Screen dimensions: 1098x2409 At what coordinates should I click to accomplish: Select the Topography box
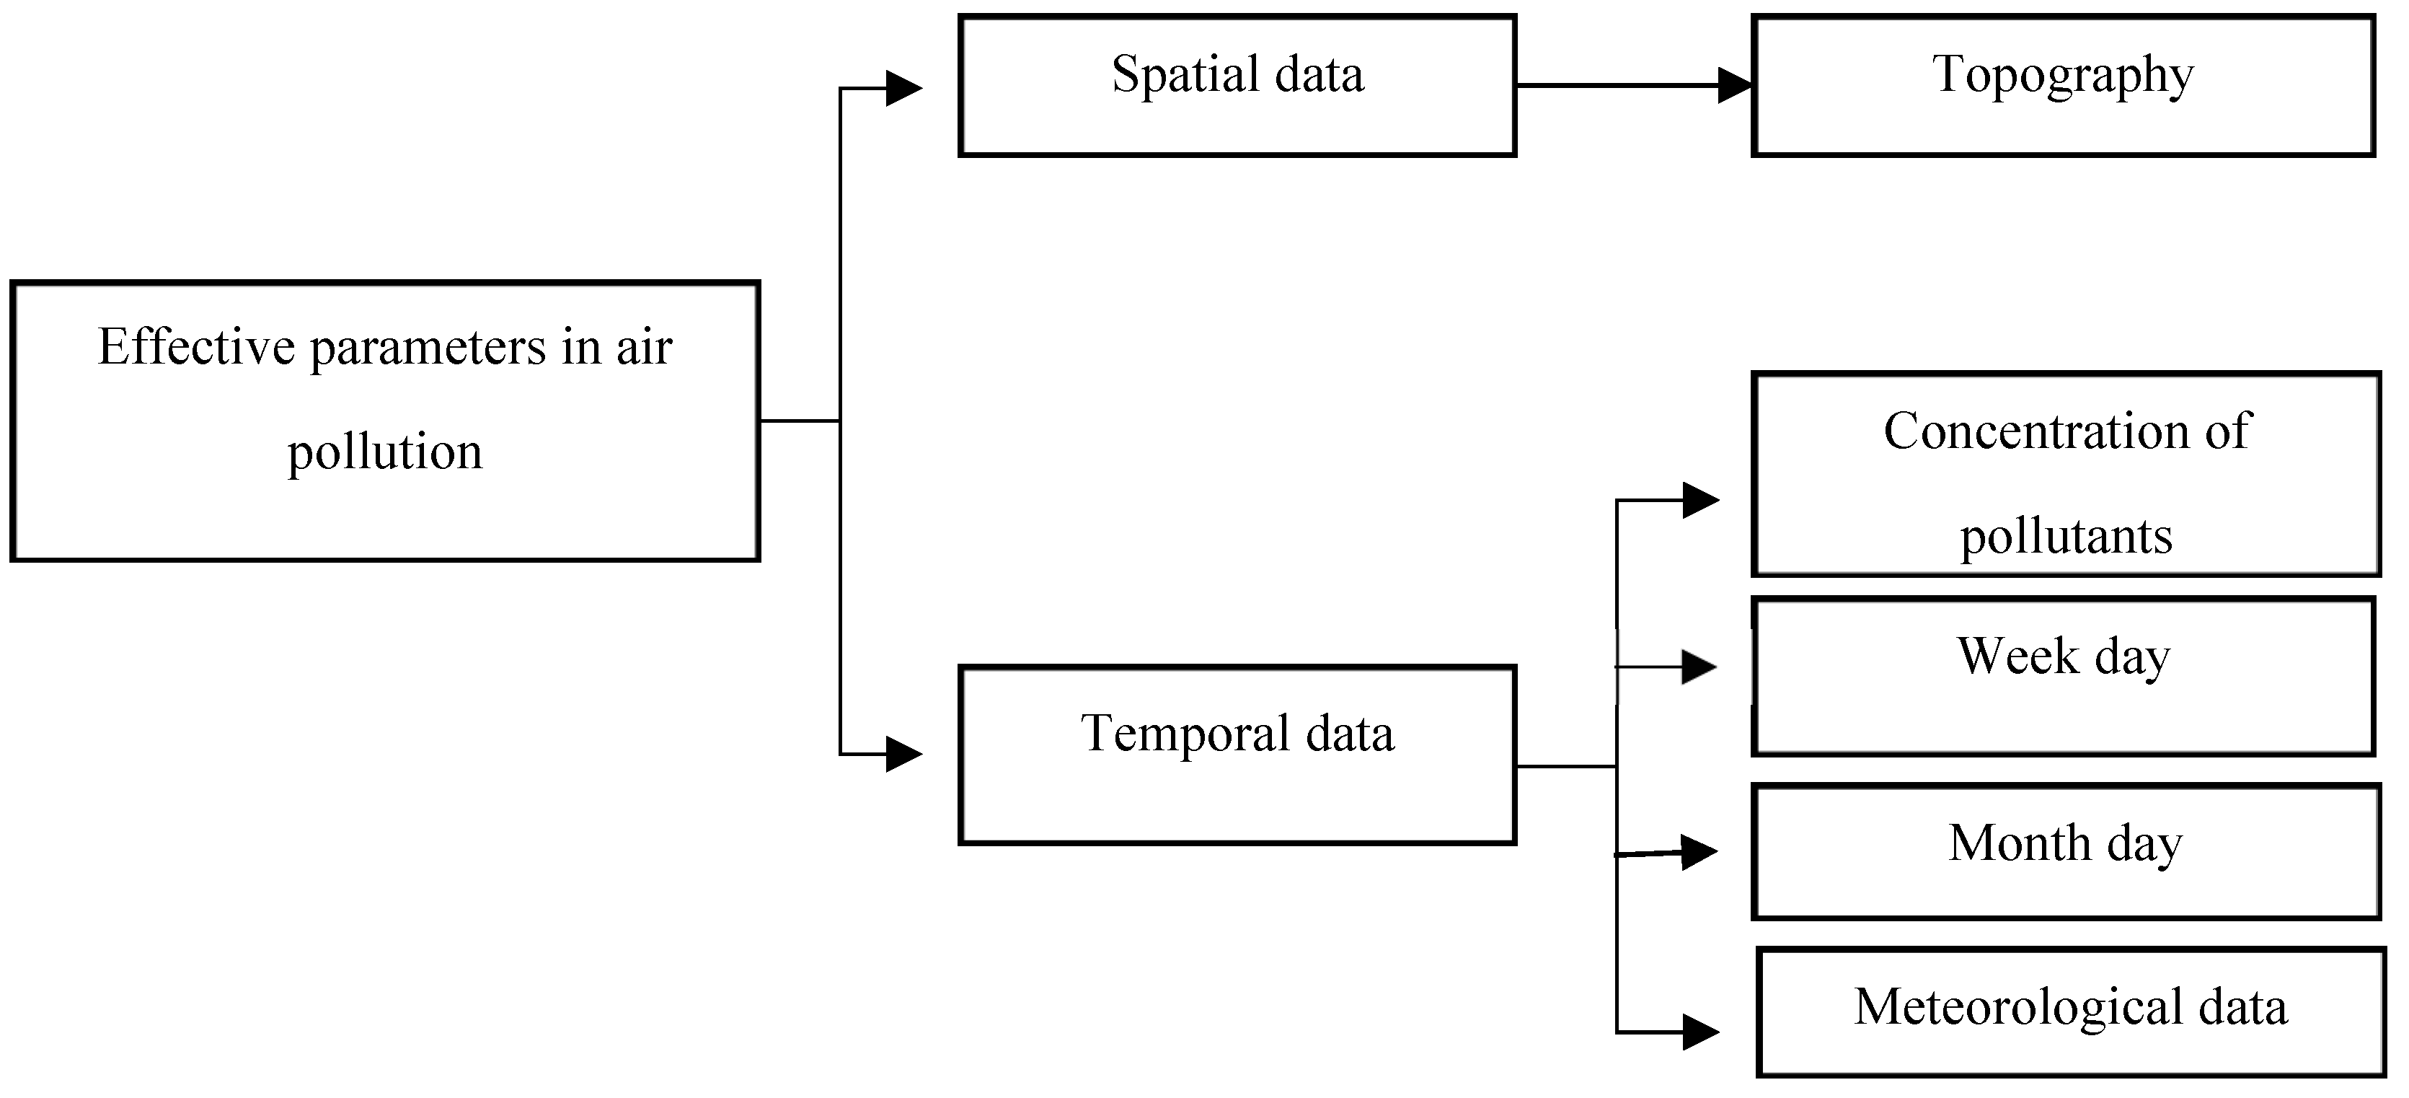pyautogui.click(x=2063, y=85)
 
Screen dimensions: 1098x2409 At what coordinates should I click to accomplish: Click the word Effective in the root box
pyautogui.click(x=196, y=348)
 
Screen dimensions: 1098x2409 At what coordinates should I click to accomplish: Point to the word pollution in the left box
pyautogui.click(x=384, y=452)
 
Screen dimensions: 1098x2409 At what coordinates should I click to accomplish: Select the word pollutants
pyautogui.click(x=2065, y=537)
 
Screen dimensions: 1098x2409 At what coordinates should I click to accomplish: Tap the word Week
pyautogui.click(x=2017, y=656)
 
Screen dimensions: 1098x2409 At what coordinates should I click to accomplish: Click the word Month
pyautogui.click(x=2019, y=843)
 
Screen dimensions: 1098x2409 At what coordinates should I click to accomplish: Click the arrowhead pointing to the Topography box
pyautogui.click(x=1735, y=86)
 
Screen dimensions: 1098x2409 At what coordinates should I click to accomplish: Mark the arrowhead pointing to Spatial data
pyautogui.click(x=903, y=89)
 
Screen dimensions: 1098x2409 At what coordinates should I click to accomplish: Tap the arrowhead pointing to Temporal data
pyautogui.click(x=903, y=754)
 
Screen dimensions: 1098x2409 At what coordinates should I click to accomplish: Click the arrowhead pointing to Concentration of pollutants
pyautogui.click(x=1700, y=501)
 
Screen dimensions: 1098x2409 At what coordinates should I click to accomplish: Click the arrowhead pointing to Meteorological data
pyautogui.click(x=1700, y=1032)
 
